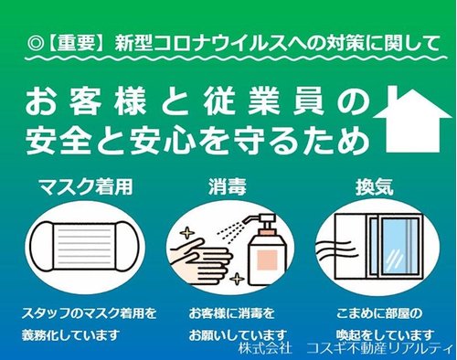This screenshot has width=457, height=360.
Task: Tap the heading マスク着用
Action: (x=86, y=186)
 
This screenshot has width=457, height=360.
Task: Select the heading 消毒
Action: (x=228, y=186)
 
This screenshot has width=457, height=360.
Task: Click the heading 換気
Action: (x=375, y=186)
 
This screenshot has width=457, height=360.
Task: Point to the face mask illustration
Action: (x=85, y=246)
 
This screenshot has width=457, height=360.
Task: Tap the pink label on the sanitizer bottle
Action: (x=267, y=259)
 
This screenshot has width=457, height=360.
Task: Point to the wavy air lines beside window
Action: (x=335, y=249)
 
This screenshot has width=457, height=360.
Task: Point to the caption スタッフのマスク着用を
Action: (x=89, y=313)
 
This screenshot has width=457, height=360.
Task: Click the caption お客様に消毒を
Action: (x=231, y=313)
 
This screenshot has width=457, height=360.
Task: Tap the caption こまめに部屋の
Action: (x=379, y=313)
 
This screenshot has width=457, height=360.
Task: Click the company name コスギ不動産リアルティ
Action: (x=379, y=347)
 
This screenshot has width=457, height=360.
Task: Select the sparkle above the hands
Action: (x=187, y=234)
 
